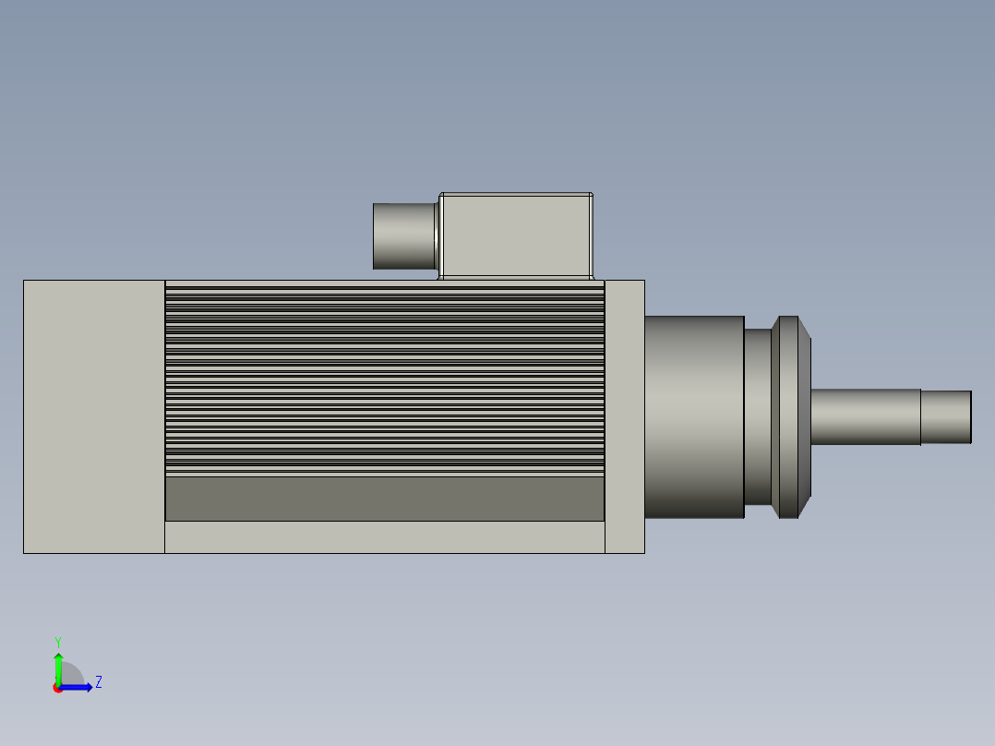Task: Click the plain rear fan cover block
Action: point(94,415)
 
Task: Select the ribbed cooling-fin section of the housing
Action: point(384,379)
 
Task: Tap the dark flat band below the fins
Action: point(384,499)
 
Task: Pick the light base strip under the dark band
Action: point(384,537)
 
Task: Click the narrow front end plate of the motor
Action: point(625,415)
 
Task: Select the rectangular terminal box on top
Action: point(516,235)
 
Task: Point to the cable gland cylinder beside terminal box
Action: point(403,236)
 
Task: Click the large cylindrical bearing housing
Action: point(694,416)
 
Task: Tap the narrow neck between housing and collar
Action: point(758,416)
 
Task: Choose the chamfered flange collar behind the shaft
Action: point(791,416)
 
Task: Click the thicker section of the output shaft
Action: point(865,416)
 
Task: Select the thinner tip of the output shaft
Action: point(944,416)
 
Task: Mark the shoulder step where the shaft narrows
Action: point(921,416)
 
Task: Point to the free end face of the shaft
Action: point(970,416)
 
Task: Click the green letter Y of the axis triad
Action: point(58,641)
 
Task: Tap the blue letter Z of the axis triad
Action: point(99,682)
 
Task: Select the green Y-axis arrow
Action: point(58,667)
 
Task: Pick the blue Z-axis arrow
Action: point(79,687)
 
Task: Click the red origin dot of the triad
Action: point(58,688)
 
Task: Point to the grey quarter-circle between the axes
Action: point(71,676)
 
